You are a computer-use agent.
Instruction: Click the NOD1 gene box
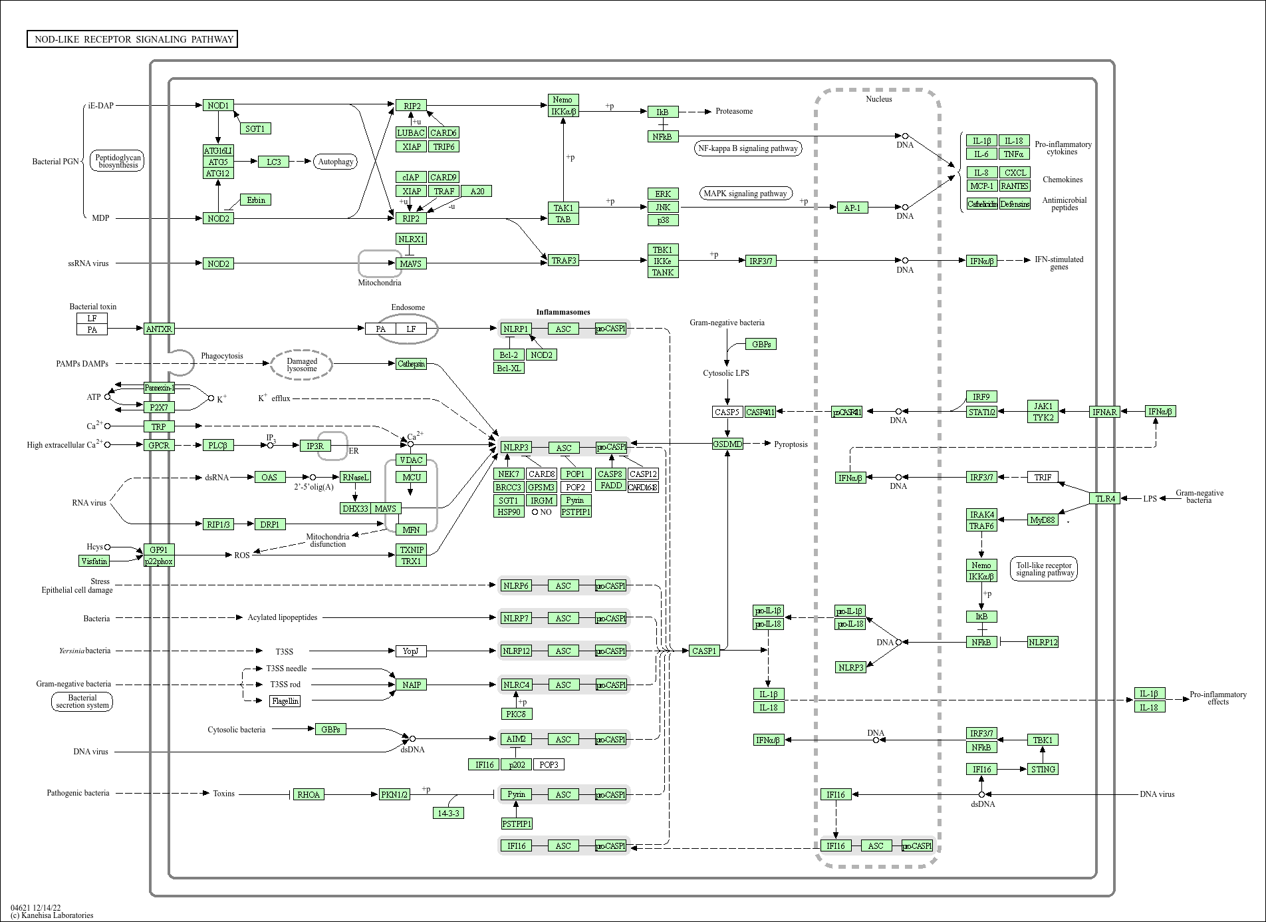(218, 105)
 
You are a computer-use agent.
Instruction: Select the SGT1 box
(255, 128)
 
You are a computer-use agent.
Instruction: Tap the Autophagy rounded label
(336, 162)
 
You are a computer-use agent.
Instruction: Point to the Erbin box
(256, 200)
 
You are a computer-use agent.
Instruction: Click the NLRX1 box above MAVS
(411, 239)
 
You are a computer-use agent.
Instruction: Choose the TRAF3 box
(564, 260)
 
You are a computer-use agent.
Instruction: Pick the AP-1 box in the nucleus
(852, 208)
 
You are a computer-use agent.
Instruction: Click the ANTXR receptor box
(159, 329)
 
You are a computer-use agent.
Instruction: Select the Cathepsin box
(411, 364)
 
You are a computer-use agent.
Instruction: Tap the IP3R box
(315, 446)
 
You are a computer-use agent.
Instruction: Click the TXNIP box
(411, 549)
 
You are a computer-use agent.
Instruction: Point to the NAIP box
(411, 685)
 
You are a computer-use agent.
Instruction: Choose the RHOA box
(309, 794)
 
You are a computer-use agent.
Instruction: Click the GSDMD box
(727, 444)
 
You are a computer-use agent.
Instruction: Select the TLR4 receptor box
(1105, 498)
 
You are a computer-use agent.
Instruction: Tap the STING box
(1043, 769)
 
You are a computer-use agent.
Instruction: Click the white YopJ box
(411, 651)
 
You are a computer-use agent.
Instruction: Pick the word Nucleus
(878, 99)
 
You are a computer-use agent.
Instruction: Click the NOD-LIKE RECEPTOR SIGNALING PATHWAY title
(133, 39)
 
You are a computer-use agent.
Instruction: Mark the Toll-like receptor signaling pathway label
(1044, 569)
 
